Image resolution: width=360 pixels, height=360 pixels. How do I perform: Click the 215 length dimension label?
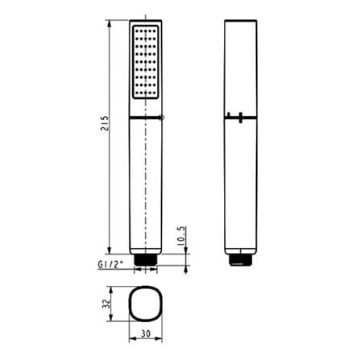[105, 123]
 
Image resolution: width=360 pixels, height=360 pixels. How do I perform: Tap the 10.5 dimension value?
[182, 236]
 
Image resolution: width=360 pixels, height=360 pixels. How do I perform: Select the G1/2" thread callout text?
[110, 265]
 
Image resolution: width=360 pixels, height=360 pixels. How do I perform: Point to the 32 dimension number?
[107, 304]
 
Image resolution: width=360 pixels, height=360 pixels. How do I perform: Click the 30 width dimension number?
[146, 333]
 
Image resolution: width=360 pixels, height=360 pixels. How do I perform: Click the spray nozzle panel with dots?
[146, 62]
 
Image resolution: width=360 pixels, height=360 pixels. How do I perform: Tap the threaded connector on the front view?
[146, 260]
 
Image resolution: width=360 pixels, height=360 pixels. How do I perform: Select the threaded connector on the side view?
[241, 260]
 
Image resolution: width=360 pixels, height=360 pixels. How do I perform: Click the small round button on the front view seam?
[162, 117]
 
